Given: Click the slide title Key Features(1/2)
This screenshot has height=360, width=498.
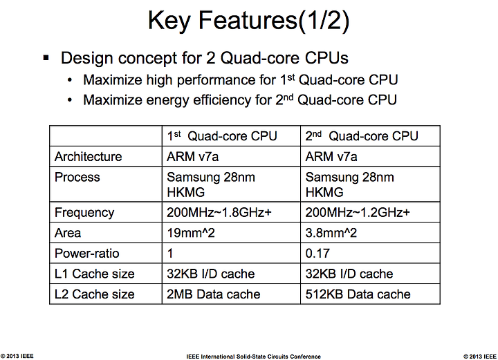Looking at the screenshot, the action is [249, 21].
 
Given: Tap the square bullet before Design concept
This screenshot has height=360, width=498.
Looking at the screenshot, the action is [46, 58].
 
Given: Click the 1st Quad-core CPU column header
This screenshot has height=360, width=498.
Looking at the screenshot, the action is [222, 136].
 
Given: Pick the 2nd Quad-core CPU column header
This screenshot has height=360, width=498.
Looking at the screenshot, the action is [362, 136].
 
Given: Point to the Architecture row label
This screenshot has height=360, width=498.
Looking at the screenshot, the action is [89, 157].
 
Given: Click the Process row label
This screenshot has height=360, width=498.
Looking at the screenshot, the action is [77, 177].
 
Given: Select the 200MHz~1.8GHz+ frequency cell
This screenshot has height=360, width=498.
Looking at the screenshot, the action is [219, 213].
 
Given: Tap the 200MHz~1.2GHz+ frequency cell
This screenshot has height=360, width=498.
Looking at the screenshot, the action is [358, 213].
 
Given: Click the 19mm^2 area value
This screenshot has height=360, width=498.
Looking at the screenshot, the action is [191, 233].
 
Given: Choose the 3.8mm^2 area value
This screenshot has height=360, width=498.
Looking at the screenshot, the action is [331, 233].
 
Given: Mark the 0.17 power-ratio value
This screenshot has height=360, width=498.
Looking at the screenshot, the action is [317, 254].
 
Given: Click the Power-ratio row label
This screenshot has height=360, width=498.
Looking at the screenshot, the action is [86, 254].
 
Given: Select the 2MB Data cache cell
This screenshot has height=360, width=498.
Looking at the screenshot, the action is [214, 294].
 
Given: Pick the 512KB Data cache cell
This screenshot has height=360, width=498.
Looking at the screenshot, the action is [358, 294].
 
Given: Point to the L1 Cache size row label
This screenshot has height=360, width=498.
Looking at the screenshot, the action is [94, 274].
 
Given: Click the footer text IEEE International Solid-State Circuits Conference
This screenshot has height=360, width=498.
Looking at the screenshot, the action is [253, 357].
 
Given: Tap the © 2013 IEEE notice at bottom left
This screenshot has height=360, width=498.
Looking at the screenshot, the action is [17, 356].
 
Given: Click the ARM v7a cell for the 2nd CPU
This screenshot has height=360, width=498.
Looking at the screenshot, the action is [331, 157].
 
